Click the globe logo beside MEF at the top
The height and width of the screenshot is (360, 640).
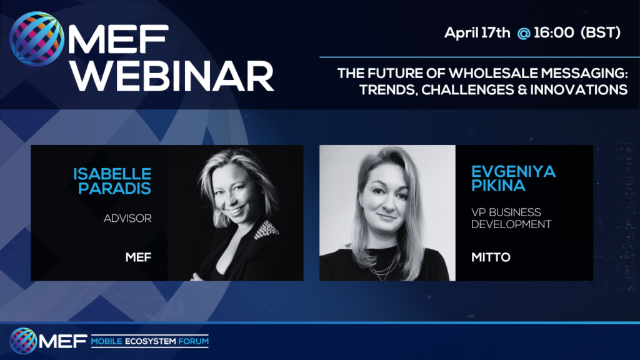(37, 39)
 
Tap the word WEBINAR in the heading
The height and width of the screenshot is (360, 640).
(172, 76)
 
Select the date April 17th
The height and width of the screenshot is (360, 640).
(477, 32)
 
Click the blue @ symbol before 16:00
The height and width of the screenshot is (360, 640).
(524, 33)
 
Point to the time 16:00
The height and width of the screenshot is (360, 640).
(554, 32)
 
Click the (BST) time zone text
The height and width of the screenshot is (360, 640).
(601, 32)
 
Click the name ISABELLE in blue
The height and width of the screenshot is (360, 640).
(112, 174)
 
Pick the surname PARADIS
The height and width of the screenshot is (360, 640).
(115, 188)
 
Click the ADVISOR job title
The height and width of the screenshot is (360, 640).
(127, 218)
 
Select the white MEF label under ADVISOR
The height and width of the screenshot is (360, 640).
(138, 257)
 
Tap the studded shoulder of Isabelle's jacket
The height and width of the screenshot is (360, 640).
(266, 229)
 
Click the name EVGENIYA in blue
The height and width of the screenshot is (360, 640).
(514, 171)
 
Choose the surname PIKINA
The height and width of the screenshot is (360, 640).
(498, 185)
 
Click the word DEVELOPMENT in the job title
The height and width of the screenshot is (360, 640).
(511, 224)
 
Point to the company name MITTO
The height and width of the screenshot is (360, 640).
(491, 257)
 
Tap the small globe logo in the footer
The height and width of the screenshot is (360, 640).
(24, 341)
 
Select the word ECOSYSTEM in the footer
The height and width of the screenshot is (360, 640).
(150, 341)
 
